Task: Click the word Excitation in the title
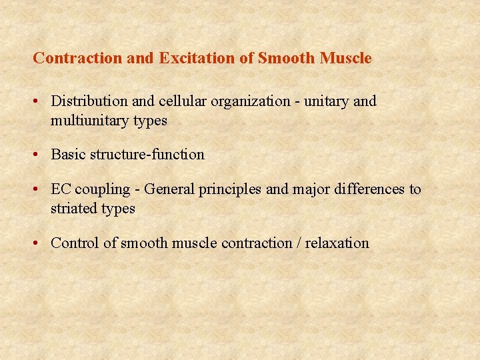point(194,59)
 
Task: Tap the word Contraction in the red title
point(78,59)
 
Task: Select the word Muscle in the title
point(345,59)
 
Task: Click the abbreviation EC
point(61,189)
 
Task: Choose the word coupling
point(103,190)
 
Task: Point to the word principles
point(231,190)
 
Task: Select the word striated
point(74,209)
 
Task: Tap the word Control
point(75,243)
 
